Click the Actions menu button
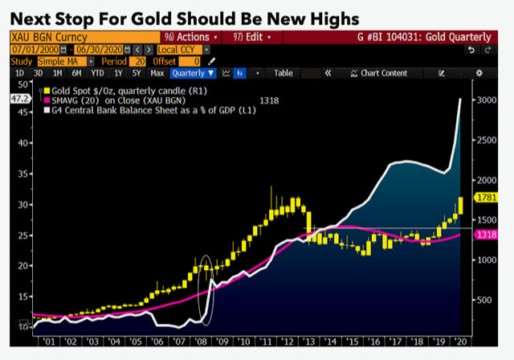click(x=187, y=37)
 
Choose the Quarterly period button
click(x=193, y=73)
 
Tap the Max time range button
click(x=157, y=73)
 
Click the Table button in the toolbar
click(x=284, y=73)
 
